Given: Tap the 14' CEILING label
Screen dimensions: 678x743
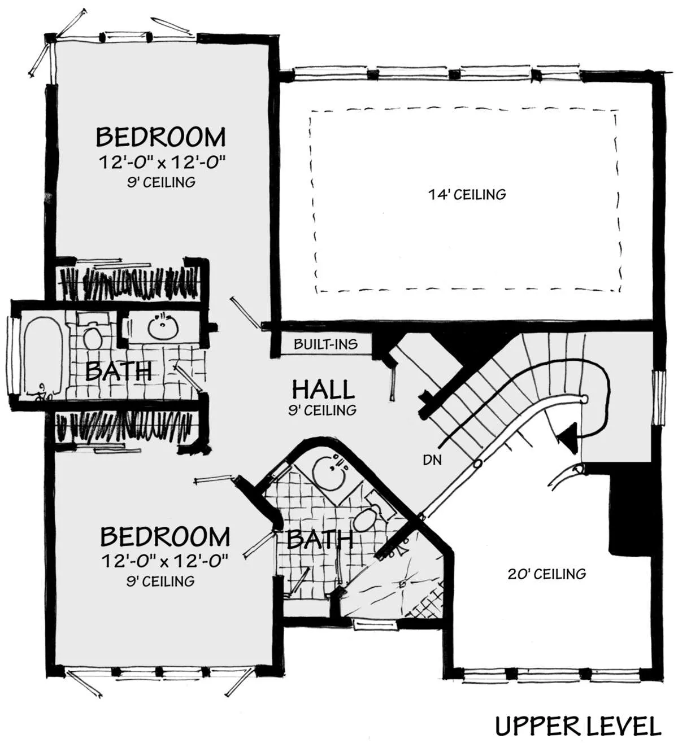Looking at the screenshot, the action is tap(467, 194).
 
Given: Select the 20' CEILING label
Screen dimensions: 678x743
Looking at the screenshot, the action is tap(547, 574).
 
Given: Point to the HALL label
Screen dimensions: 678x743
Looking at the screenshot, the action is tap(323, 389).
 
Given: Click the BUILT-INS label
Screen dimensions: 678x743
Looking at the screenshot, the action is tap(326, 344).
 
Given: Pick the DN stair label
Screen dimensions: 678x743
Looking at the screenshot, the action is tap(432, 460).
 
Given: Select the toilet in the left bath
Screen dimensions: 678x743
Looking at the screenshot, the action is tap(92, 333).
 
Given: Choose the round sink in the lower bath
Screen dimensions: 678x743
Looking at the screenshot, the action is tap(331, 471).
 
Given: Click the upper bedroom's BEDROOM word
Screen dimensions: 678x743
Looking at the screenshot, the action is tap(160, 137).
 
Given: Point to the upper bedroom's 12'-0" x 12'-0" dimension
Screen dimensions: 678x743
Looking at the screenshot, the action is tap(162, 162).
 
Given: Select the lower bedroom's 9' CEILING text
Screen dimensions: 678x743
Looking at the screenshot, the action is tap(160, 581).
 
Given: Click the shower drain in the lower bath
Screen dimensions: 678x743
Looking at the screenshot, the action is tap(403, 584).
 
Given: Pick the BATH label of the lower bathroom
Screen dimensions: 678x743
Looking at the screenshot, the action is tap(320, 539).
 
